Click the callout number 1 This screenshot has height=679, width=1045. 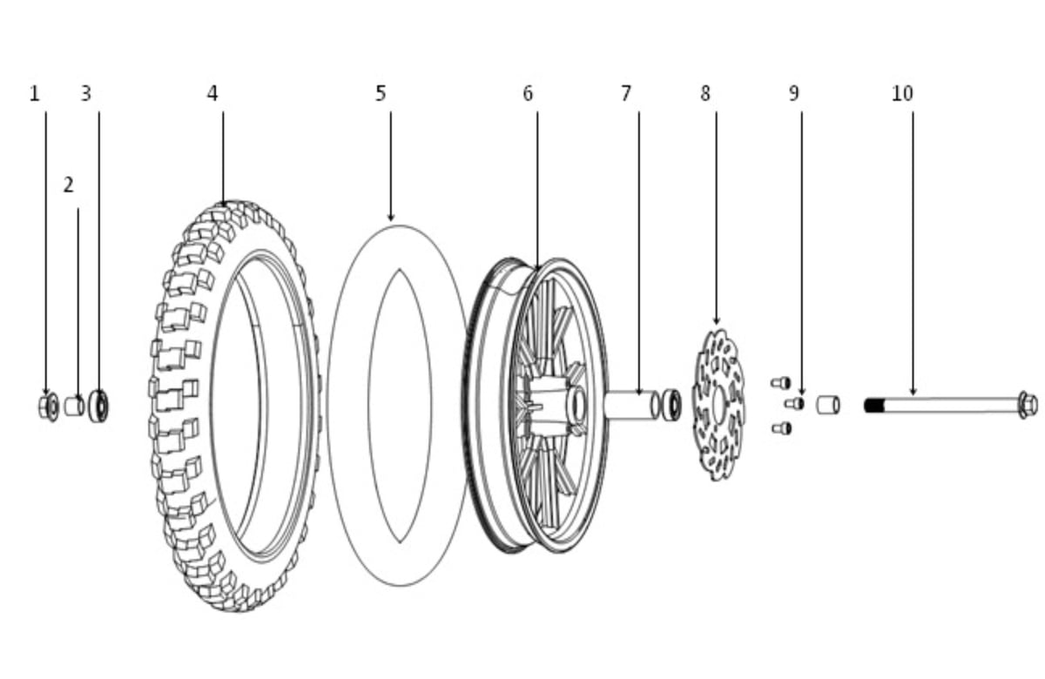click(x=35, y=94)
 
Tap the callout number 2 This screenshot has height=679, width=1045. click(x=69, y=185)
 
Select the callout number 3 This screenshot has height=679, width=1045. click(x=86, y=94)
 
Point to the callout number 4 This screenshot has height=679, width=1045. click(x=212, y=94)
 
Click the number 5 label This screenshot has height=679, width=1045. click(x=381, y=94)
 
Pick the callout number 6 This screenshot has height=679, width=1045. click(x=528, y=94)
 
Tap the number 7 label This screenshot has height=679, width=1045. click(x=626, y=94)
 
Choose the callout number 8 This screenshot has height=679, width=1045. click(x=705, y=94)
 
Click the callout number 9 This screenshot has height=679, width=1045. click(x=794, y=94)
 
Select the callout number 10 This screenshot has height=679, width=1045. click(x=903, y=94)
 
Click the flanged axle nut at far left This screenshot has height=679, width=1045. click(x=49, y=407)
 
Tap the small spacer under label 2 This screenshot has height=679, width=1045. click(x=74, y=407)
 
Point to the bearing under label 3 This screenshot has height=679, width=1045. click(x=98, y=407)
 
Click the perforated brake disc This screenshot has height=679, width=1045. click(x=718, y=404)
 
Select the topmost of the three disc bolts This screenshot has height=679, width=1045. click(x=780, y=383)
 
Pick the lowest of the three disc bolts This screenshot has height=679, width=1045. click(x=781, y=428)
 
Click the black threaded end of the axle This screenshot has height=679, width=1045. click(x=874, y=406)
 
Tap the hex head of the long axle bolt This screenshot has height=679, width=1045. click(x=1028, y=406)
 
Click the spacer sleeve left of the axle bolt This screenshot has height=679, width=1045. click(x=828, y=405)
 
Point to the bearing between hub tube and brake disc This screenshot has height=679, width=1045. click(x=671, y=405)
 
